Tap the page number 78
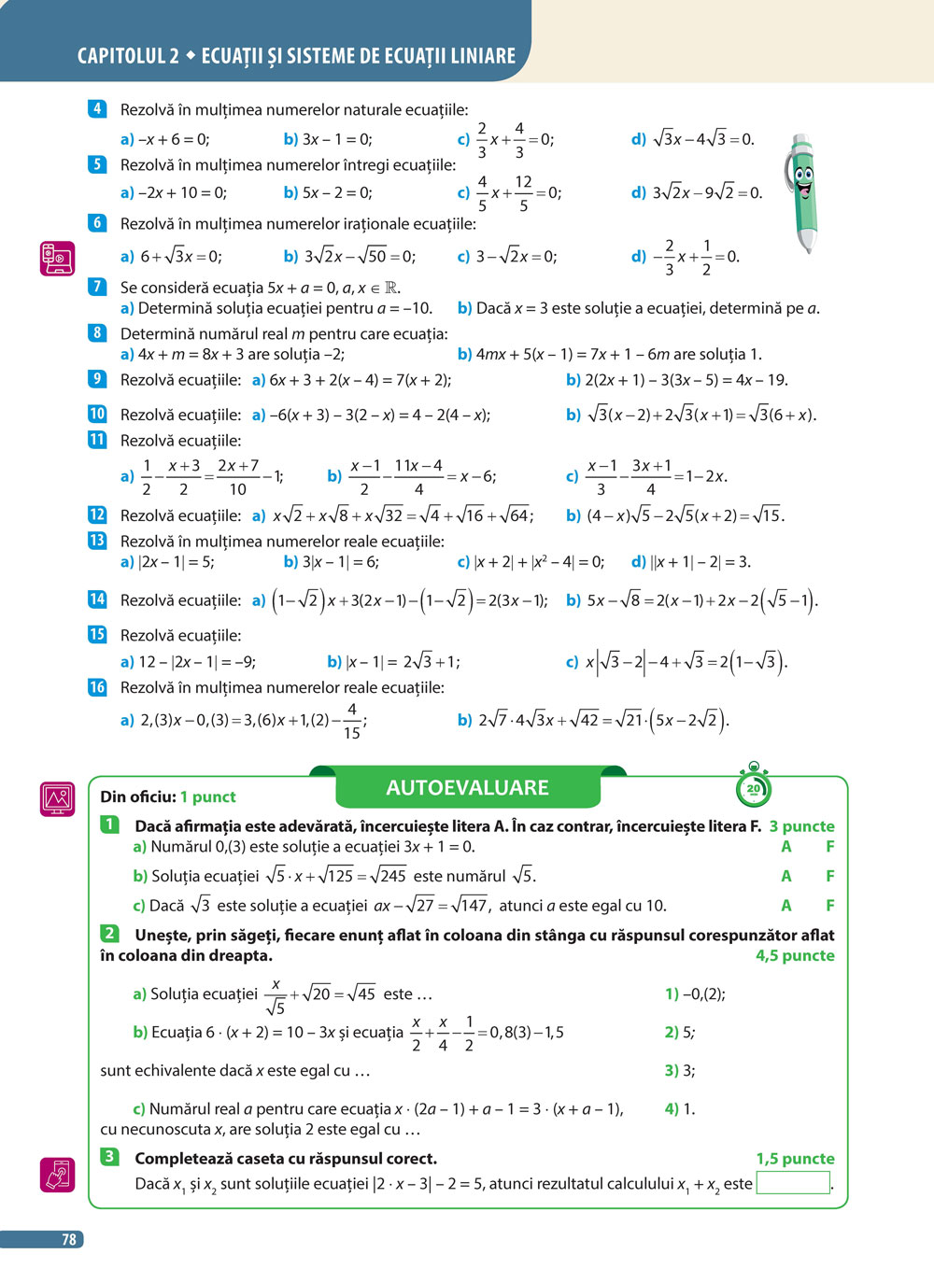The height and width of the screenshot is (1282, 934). pyautogui.click(x=68, y=1239)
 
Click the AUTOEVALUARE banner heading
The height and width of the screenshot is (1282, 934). pyautogui.click(x=467, y=788)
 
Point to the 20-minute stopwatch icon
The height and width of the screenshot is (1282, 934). pyautogui.click(x=753, y=788)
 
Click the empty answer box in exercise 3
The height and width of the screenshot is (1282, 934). pyautogui.click(x=793, y=1183)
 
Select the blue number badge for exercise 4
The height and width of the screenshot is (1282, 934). pyautogui.click(x=97, y=109)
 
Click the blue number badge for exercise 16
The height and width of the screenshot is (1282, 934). pyautogui.click(x=97, y=687)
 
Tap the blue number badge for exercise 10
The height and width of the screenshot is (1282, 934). pyautogui.click(x=97, y=414)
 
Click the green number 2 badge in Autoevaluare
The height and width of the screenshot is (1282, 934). pyautogui.click(x=109, y=934)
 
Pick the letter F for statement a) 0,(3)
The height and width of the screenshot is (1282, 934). pyautogui.click(x=829, y=847)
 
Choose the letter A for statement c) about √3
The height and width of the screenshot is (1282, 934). pyautogui.click(x=786, y=906)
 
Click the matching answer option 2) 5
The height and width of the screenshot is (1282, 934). pyautogui.click(x=679, y=1033)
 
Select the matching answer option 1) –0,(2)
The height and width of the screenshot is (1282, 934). pyautogui.click(x=695, y=994)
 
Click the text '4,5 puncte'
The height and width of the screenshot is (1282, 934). pyautogui.click(x=795, y=955)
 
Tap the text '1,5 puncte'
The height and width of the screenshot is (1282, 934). pyautogui.click(x=795, y=1159)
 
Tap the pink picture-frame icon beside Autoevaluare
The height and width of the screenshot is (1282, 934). pyautogui.click(x=57, y=799)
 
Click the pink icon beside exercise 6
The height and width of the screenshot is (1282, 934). pyautogui.click(x=57, y=258)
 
